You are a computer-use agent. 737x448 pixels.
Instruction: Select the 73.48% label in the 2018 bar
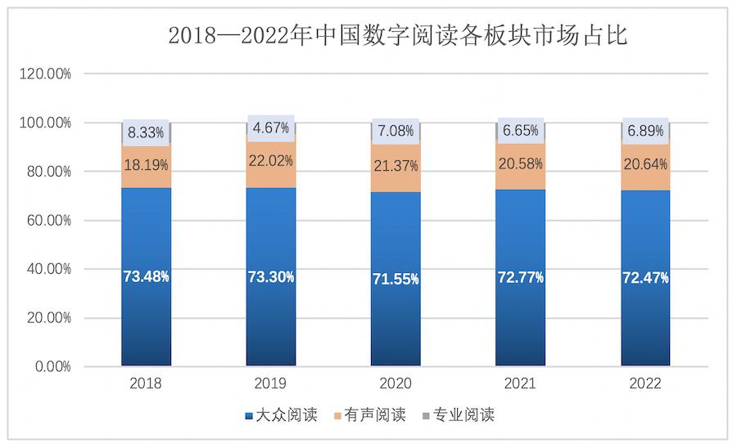[x=146, y=276]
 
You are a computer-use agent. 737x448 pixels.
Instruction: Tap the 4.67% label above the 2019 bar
[x=271, y=128]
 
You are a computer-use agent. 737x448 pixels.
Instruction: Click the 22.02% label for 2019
[x=271, y=160]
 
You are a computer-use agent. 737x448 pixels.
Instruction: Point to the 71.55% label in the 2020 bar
[x=396, y=279]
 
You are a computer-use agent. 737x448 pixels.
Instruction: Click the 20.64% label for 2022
[x=645, y=163]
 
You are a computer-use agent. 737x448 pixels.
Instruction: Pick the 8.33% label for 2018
[x=146, y=132]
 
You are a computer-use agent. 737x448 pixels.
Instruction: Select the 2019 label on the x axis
[x=270, y=383]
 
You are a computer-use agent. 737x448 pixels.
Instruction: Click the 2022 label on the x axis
[x=645, y=383]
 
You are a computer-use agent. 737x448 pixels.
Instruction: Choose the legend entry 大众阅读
[x=280, y=415]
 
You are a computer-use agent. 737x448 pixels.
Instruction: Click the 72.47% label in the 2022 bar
[x=645, y=277]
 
